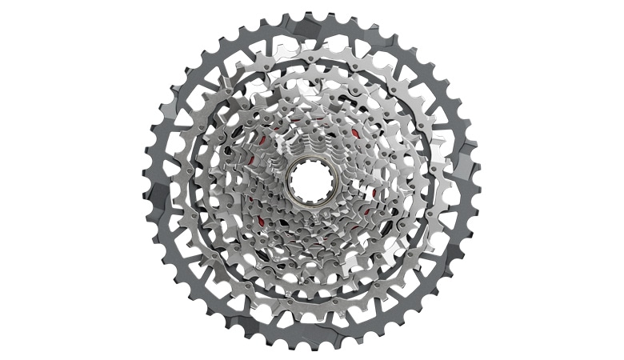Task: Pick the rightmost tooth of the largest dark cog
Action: pyautogui.click(x=479, y=180)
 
